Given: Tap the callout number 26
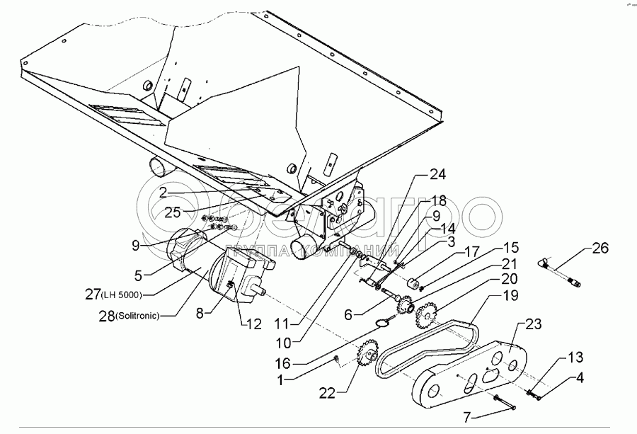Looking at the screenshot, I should [x=599, y=249].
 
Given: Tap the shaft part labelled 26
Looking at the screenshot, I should [x=561, y=273].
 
